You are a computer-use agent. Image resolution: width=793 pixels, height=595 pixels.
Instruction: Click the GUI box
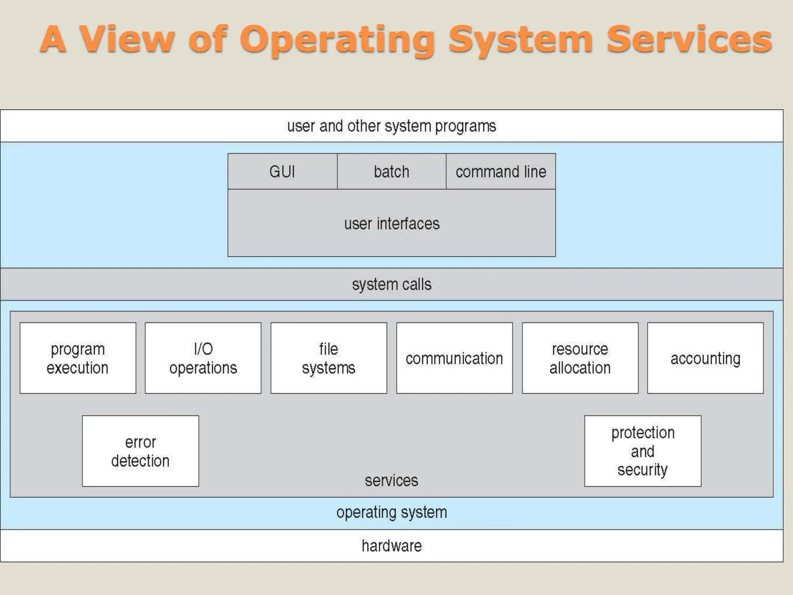[282, 172]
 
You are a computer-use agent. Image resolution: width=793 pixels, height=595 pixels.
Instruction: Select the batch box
[391, 172]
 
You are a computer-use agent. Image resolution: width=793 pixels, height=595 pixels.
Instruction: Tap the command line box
[501, 172]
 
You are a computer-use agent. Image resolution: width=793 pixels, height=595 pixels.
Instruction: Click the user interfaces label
[392, 224]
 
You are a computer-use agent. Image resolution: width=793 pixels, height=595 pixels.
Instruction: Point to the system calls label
[391, 284]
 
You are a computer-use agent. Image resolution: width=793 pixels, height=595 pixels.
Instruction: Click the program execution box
[78, 358]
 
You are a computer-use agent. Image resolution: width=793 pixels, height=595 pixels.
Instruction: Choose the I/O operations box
[203, 358]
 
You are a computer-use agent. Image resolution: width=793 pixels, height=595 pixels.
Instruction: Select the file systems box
[329, 358]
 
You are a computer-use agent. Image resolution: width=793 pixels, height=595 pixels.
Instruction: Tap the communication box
[454, 358]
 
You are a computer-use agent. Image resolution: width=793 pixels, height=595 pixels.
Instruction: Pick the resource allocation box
[580, 358]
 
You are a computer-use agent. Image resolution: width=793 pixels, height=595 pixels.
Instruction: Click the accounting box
[705, 358]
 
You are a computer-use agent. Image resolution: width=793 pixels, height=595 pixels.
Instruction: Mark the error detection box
[141, 451]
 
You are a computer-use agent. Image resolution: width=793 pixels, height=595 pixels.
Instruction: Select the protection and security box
[643, 451]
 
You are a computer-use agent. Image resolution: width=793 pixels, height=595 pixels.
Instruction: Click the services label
[391, 481]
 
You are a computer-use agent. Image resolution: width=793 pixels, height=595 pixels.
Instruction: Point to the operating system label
[391, 512]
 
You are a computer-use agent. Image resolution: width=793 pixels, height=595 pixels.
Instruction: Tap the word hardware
[391, 546]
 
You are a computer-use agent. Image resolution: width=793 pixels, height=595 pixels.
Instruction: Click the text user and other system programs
[391, 126]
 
